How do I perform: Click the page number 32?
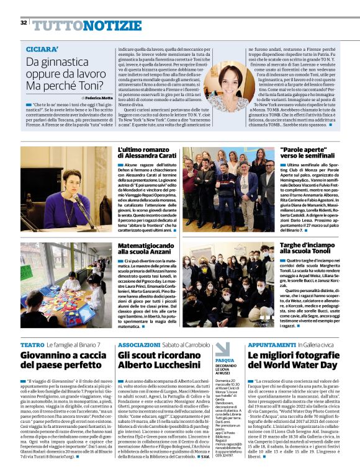tap(24, 23)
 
